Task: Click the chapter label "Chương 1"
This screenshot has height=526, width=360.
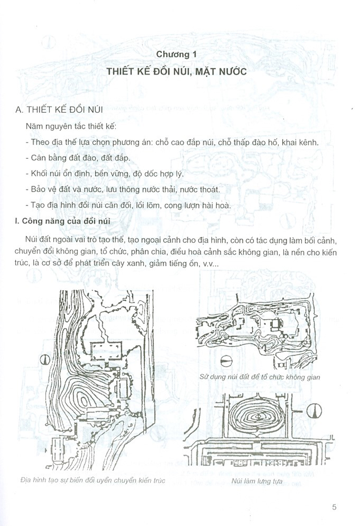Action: tap(176, 54)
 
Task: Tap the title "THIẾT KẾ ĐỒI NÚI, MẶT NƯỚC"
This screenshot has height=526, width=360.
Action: tap(177, 72)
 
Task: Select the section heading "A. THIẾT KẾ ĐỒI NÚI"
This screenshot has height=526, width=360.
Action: tap(59, 110)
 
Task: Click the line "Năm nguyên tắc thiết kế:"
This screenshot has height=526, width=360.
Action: tap(71, 127)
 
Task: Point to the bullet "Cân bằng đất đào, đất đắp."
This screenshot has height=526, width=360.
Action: tap(78, 158)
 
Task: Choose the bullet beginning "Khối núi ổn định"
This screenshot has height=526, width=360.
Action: tap(104, 174)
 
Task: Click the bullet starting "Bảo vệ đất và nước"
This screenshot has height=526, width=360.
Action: tap(123, 189)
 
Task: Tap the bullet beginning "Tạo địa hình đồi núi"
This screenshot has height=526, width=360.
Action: tap(129, 205)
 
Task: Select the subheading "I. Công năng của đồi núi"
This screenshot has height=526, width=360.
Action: tap(63, 221)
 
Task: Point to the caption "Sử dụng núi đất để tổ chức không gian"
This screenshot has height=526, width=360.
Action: tap(260, 377)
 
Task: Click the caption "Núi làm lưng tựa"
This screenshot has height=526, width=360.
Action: tap(257, 481)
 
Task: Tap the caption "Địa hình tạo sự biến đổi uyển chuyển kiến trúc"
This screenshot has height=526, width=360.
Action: tap(93, 480)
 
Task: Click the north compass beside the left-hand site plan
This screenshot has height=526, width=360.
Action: tap(45, 360)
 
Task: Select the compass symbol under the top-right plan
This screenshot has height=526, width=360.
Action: tap(226, 361)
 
